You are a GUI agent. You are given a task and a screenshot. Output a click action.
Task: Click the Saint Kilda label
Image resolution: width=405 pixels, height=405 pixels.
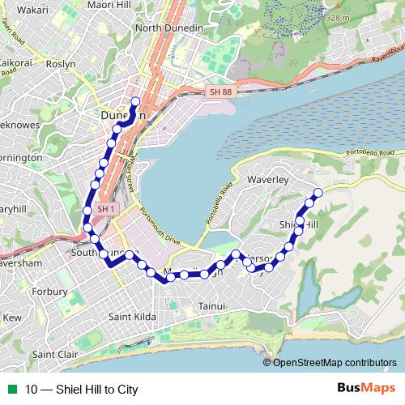tap(134, 316)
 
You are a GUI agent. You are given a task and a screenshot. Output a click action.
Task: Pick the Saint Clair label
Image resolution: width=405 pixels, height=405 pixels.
tap(55, 355)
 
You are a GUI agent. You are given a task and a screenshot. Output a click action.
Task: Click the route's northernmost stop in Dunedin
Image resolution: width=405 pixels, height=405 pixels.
tap(134, 101)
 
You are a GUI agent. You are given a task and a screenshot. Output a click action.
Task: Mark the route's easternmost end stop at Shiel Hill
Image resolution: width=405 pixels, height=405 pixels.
tap(318, 192)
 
